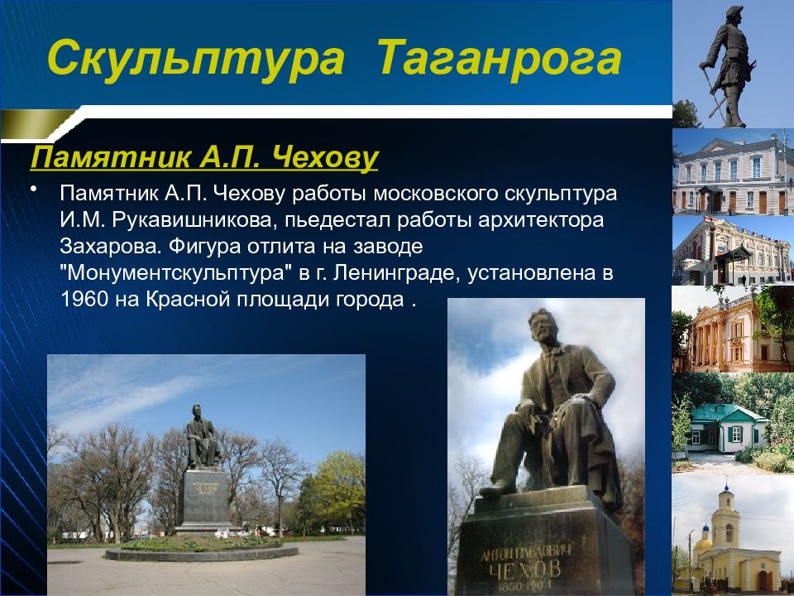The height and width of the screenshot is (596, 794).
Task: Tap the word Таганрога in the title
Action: tap(500, 60)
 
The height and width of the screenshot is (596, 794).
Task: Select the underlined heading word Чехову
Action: tap(324, 157)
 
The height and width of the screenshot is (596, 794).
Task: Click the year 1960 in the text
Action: tap(84, 299)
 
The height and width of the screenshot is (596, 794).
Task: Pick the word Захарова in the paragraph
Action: tap(111, 247)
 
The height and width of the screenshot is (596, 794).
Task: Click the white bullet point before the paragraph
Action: tap(34, 189)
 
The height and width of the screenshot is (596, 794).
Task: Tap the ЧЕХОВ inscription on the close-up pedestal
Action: tap(525, 570)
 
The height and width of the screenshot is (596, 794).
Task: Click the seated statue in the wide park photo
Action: tap(203, 436)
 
